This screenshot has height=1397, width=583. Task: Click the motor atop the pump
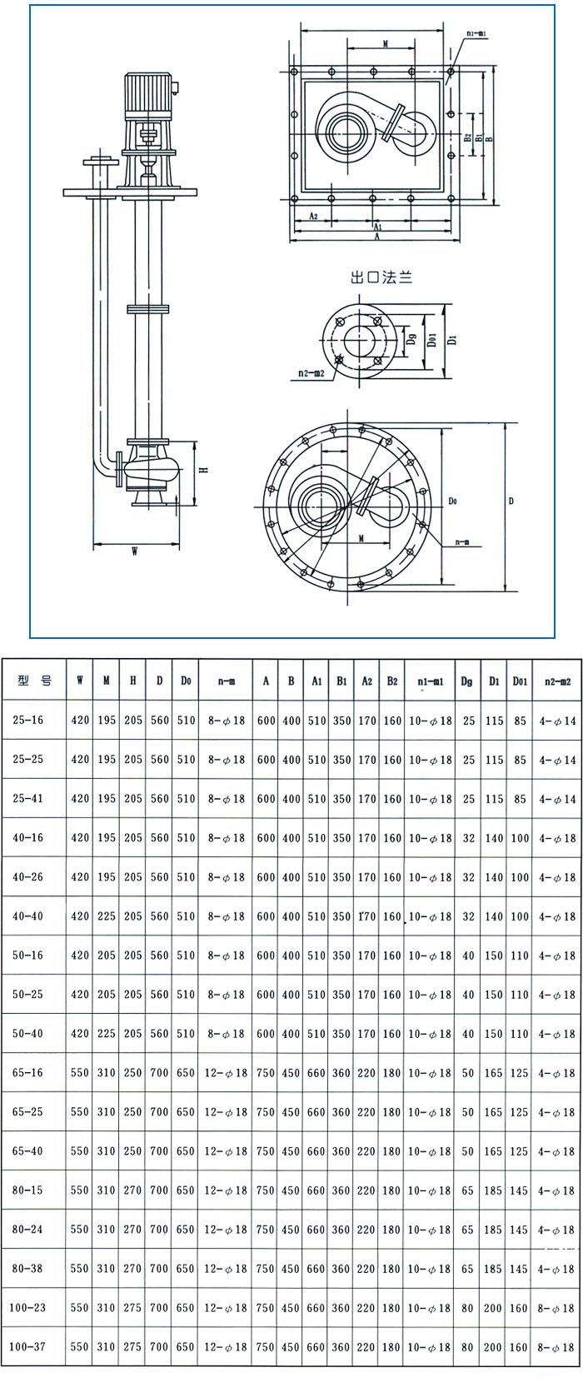click(150, 94)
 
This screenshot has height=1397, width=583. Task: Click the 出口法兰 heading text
click(381, 277)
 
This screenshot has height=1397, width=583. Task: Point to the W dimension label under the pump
click(134, 551)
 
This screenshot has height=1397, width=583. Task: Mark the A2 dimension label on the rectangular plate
click(313, 215)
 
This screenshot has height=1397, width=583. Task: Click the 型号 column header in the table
click(34, 681)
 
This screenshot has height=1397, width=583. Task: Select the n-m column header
click(225, 681)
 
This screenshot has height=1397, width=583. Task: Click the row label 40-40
click(27, 916)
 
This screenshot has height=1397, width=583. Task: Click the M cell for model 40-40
click(106, 916)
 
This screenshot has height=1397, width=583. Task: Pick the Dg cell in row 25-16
click(468, 721)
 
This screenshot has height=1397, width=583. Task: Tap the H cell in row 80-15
click(132, 1190)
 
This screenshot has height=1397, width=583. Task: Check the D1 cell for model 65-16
click(494, 1073)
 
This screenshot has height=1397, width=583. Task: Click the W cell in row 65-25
click(80, 1112)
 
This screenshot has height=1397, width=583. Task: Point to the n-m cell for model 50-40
click(225, 1034)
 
